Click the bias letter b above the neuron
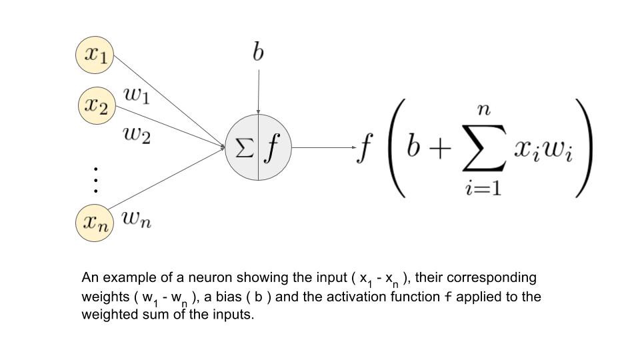(x=258, y=51)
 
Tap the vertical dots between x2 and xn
(x=96, y=180)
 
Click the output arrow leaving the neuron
(x=323, y=147)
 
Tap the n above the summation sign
(x=484, y=111)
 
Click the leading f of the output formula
(x=365, y=148)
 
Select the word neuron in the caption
(x=190, y=277)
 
